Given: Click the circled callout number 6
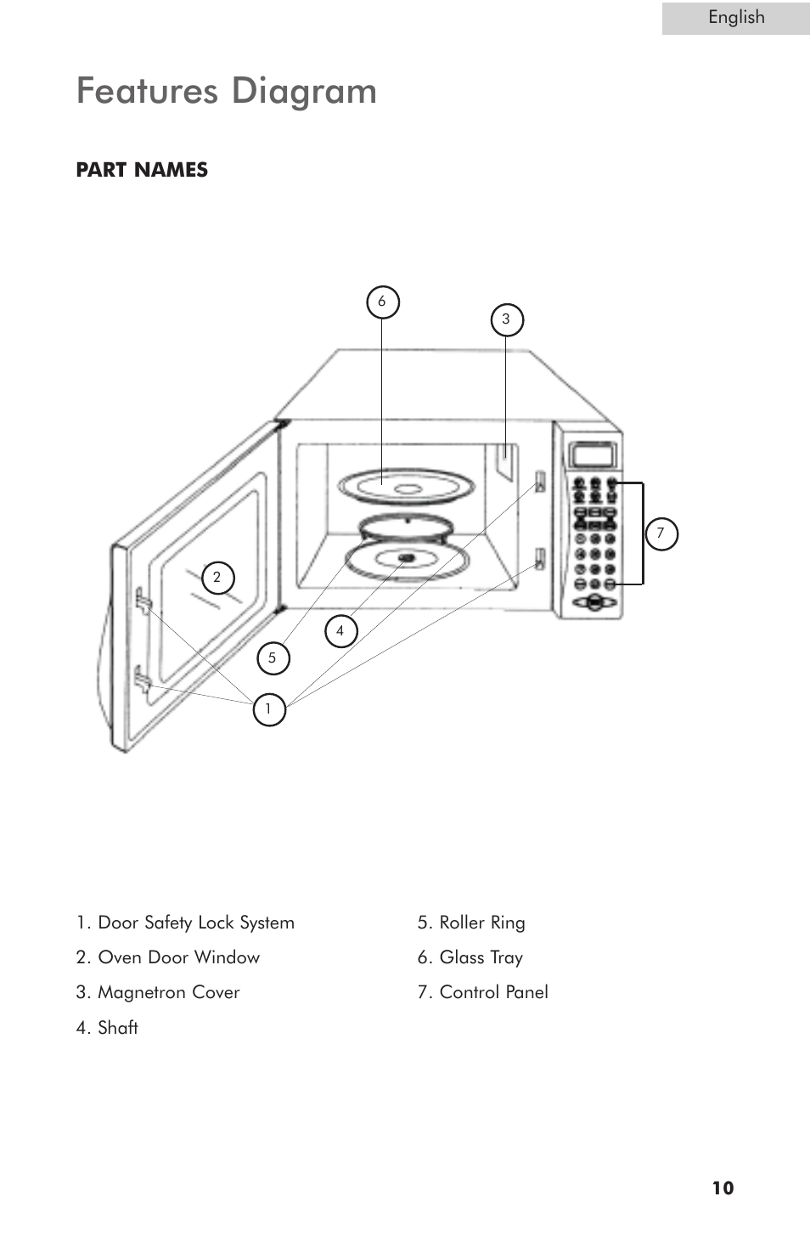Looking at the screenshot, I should coord(382,302).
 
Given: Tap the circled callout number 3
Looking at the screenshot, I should coord(507,320).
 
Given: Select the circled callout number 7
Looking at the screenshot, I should coord(661,534).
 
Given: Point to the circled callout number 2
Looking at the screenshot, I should coord(217,578).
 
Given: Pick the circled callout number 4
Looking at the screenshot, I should coord(340,631).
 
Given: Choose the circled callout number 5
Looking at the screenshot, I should coord(273,658).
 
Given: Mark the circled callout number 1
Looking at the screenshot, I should coord(268,709).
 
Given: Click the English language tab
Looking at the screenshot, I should coord(735,18).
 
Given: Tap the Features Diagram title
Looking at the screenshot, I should coord(227,91).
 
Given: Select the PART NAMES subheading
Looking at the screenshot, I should coord(142,170).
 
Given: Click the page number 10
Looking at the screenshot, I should coord(723,1188).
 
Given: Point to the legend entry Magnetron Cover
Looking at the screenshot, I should coord(158,992).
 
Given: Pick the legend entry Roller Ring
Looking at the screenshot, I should coord(471,923).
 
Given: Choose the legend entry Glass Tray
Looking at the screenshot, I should coord(470,957).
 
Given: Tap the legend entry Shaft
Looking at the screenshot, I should coord(107,1028).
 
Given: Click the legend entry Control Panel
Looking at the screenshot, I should coord(483,992).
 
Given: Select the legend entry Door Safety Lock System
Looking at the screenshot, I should coord(185,923).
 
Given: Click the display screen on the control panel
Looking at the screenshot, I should coord(593,454).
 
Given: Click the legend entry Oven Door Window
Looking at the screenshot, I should coord(168,957).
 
